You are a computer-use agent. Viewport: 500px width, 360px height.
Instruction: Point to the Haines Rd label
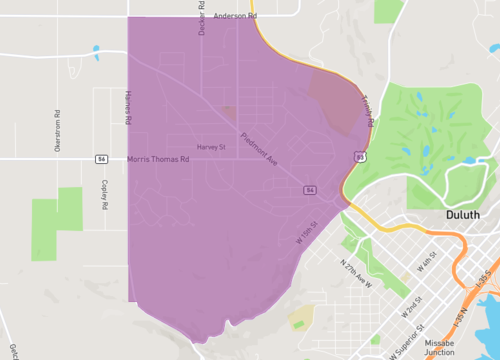128,106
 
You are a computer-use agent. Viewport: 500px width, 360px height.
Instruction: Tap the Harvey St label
211,147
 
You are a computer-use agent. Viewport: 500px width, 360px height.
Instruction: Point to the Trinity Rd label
367,111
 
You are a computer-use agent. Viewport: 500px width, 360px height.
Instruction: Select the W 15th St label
306,233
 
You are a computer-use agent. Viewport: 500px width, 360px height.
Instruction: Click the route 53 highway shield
358,156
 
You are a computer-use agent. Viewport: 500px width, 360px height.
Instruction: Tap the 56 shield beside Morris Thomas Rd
102,159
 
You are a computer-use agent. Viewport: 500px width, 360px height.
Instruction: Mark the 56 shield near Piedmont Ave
310,189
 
